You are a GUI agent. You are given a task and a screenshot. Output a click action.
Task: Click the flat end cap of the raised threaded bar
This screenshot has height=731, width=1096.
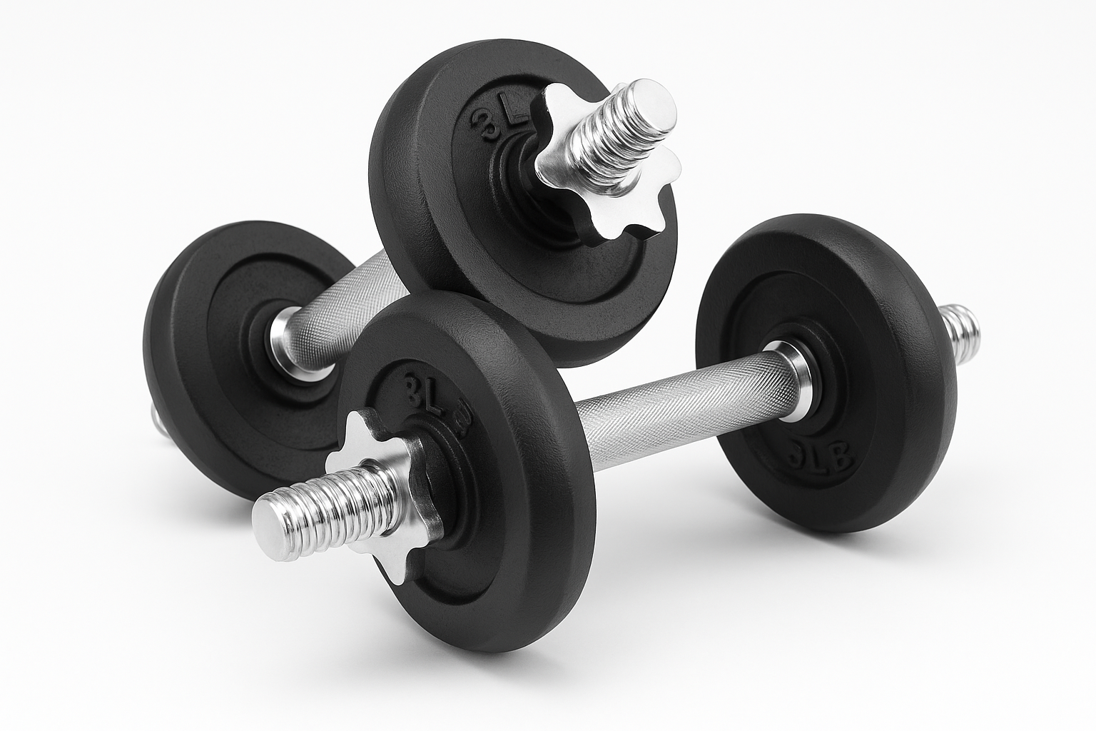pyautogui.click(x=654, y=108)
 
